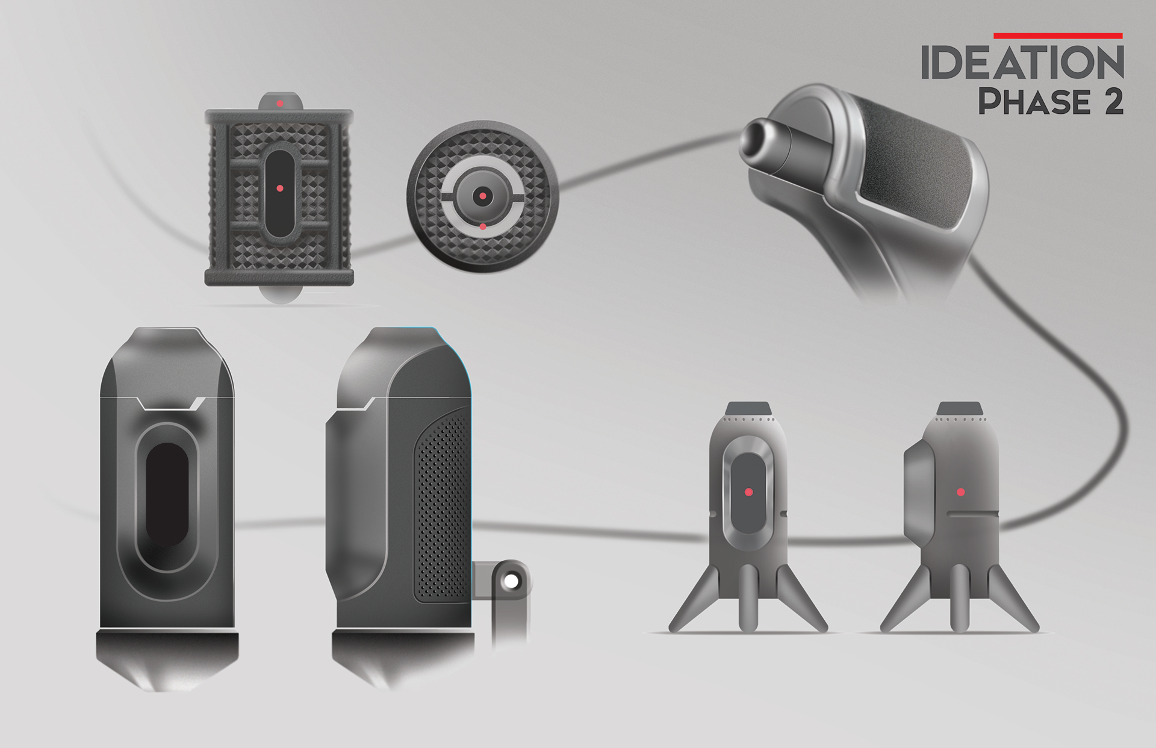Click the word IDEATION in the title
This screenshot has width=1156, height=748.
[1022, 63]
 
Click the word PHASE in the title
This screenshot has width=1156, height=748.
[1033, 101]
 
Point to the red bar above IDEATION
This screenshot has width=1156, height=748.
[1057, 36]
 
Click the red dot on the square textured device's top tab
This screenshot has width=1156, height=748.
[279, 104]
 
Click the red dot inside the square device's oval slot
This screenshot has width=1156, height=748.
[279, 189]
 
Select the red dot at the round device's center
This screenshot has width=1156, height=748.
[482, 196]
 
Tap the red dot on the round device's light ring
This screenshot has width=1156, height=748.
[483, 226]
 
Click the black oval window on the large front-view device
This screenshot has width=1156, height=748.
[167, 495]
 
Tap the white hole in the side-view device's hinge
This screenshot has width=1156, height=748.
[511, 581]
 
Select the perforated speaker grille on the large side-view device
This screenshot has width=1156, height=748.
[443, 506]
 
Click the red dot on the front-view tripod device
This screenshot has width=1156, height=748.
[748, 492]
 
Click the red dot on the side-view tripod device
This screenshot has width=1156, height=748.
[961, 492]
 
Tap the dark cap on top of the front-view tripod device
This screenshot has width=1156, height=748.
[748, 408]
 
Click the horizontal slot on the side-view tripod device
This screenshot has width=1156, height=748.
[972, 514]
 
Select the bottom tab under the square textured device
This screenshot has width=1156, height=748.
[279, 295]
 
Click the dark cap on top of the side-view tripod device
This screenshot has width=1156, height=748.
[960, 408]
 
